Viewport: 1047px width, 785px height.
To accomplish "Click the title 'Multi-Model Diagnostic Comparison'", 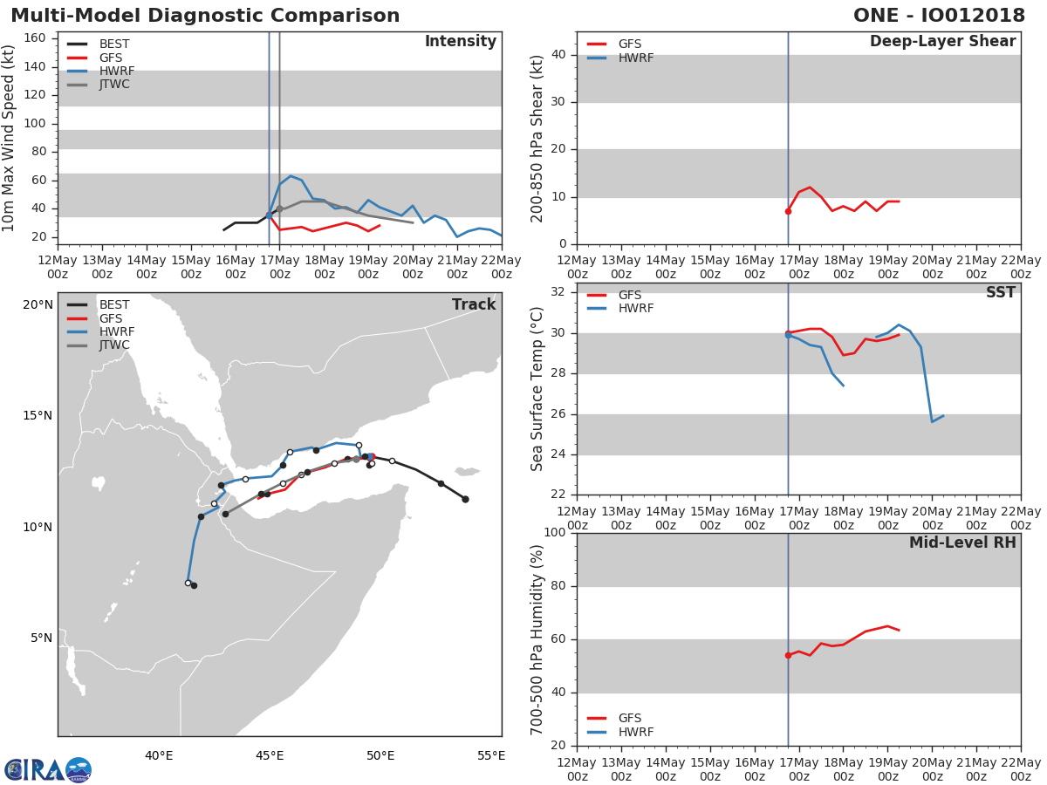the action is (205, 15).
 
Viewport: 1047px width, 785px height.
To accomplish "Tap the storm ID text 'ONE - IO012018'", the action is (939, 15).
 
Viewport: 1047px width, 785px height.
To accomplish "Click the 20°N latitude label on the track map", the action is (38, 304).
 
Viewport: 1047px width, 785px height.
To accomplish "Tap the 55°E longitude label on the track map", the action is (491, 755).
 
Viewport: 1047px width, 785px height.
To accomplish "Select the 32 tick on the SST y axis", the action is (558, 291).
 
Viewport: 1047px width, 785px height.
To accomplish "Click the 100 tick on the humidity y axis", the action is (555, 532).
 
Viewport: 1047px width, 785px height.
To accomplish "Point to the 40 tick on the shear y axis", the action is (558, 55).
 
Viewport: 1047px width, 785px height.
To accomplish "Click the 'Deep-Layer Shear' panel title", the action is (942, 42).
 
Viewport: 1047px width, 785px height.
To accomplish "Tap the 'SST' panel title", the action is (1001, 292).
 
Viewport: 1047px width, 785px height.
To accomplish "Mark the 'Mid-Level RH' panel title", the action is (962, 543).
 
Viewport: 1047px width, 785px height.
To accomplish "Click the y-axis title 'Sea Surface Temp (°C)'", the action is (537, 389).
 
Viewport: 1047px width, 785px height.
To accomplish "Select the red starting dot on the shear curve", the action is (788, 211).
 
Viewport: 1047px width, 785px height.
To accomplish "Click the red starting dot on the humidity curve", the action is (788, 655).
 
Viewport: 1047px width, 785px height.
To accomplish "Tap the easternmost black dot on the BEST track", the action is (465, 499).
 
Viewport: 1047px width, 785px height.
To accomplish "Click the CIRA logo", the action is (48, 770).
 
